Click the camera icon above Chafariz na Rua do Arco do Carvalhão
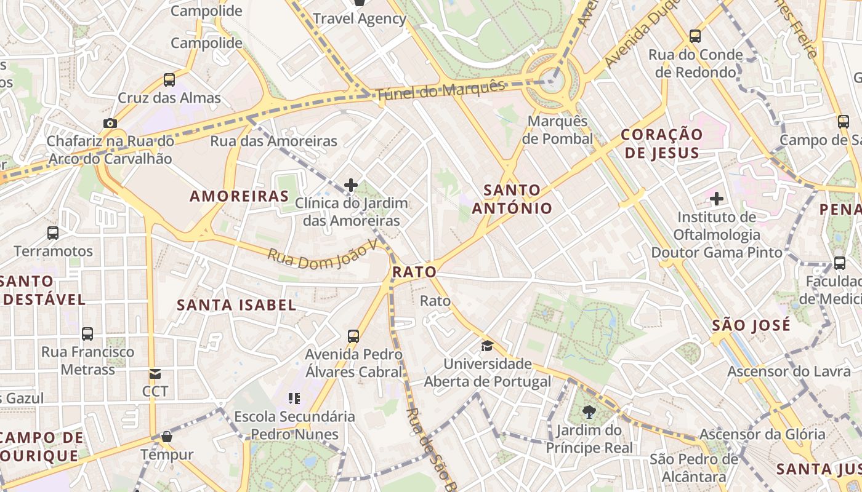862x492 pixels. click(110, 124)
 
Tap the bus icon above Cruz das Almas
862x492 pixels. click(169, 80)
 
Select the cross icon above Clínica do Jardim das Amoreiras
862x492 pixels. click(351, 184)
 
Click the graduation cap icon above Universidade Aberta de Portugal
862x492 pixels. click(487, 346)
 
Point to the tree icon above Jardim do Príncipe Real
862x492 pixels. click(589, 412)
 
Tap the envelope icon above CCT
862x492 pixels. click(155, 373)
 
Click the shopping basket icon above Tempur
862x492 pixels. click(166, 437)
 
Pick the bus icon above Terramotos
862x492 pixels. click(53, 233)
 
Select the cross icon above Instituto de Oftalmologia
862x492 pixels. click(716, 199)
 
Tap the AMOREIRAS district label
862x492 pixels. click(239, 196)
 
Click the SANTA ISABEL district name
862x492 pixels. click(236, 305)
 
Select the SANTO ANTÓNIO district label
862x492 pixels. click(512, 199)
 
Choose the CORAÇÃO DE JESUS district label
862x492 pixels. click(661, 143)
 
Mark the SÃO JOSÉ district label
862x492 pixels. click(751, 325)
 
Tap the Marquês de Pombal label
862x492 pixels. click(558, 130)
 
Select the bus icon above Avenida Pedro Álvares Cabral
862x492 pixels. click(353, 336)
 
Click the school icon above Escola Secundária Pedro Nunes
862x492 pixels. click(294, 399)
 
